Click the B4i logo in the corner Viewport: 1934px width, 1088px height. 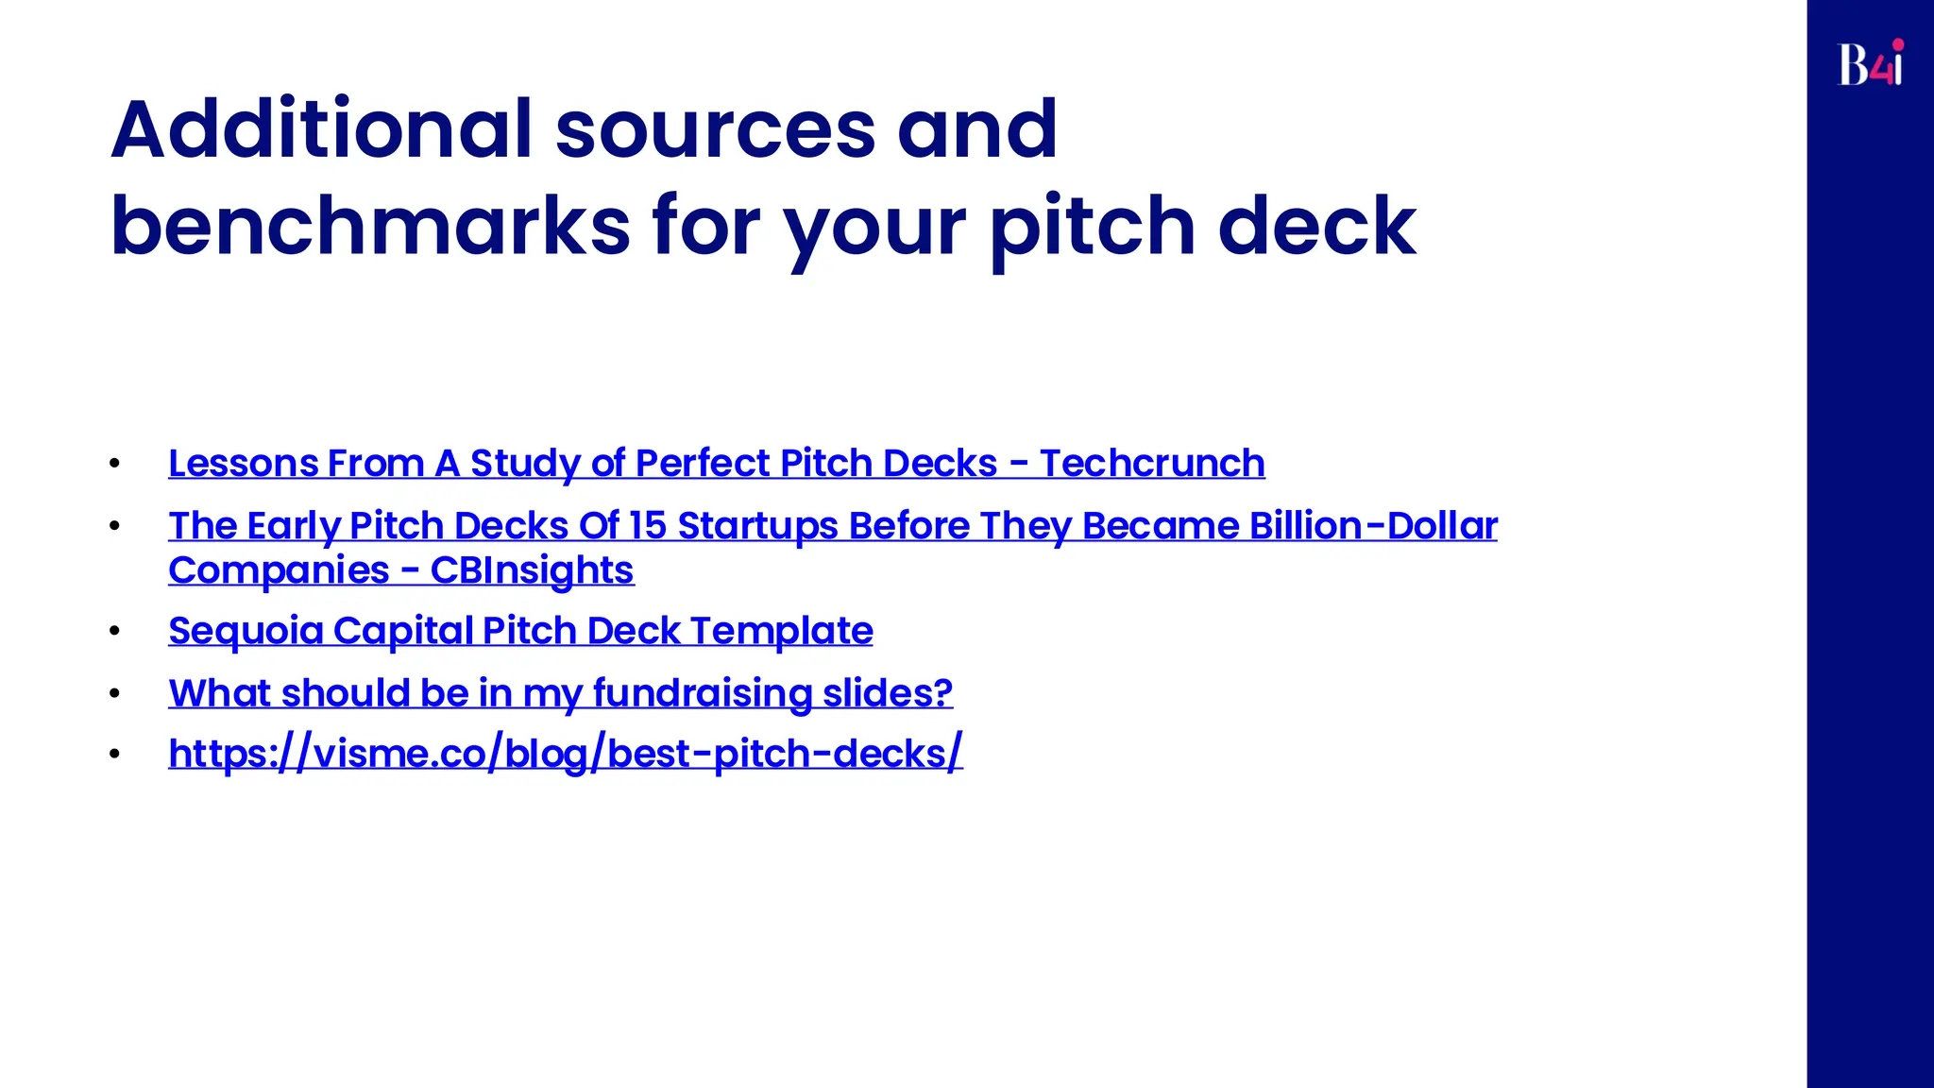1870,63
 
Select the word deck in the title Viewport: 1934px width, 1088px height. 1317,227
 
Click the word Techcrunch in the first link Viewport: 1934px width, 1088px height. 1152,464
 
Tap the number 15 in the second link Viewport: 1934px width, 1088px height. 648,526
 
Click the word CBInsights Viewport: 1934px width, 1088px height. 532,570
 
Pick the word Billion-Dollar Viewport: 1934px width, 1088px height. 1373,526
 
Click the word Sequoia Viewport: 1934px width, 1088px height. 246,631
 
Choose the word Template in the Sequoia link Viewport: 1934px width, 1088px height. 781,631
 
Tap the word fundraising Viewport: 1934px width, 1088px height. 702,693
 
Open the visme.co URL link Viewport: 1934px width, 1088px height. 565,754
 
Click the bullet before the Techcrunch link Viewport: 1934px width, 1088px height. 114,464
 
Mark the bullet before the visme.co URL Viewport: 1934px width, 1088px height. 114,754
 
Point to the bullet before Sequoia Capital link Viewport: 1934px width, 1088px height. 114,631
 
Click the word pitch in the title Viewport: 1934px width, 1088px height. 1092,227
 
